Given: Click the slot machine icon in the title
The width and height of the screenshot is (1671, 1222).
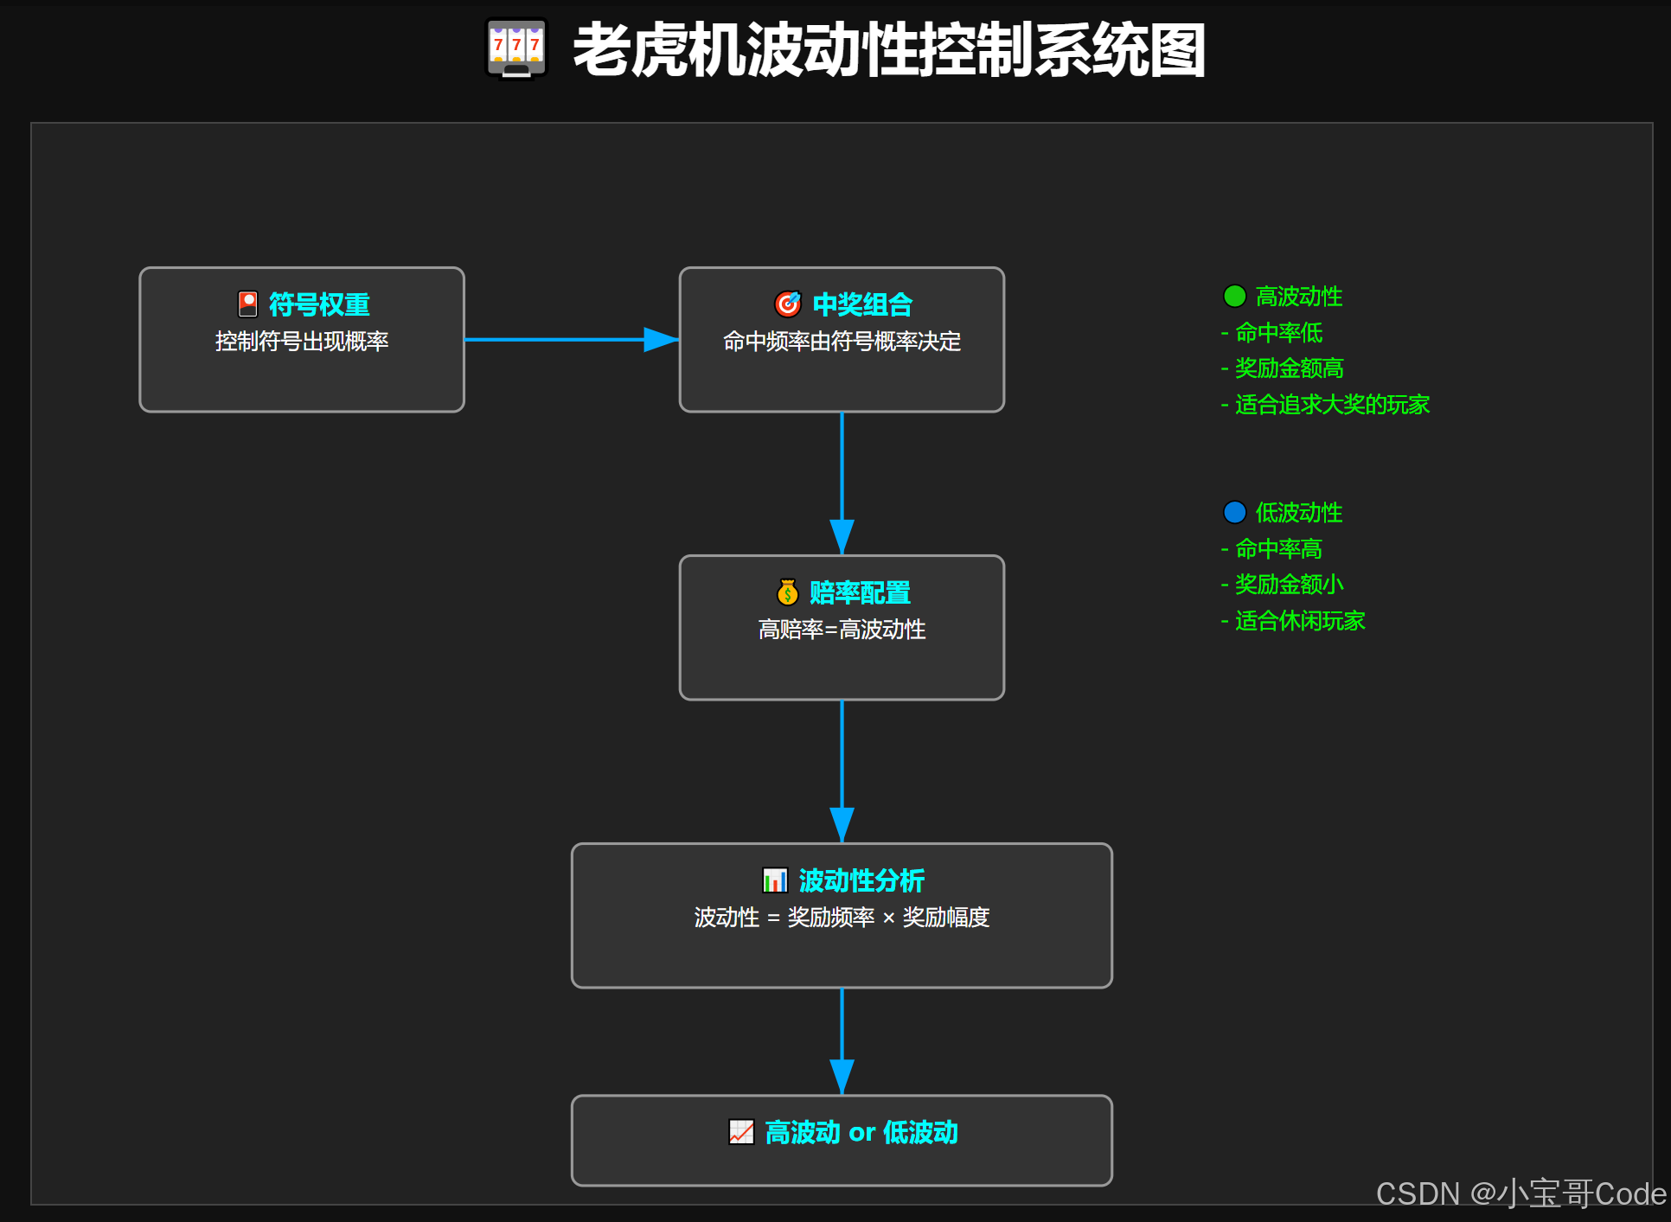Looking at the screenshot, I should pos(516,48).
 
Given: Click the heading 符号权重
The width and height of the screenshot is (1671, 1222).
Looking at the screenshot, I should pos(319,304).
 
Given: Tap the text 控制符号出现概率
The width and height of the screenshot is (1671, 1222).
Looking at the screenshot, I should pos(302,342).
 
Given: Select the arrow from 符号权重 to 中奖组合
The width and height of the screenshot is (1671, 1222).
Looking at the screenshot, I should pos(571,340).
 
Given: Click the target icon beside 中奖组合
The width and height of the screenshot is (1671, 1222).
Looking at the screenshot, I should pos(787,304).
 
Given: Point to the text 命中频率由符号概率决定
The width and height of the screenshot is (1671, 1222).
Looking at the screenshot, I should pos(842,342).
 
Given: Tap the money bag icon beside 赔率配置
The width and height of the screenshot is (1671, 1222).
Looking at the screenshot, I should pos(787,592).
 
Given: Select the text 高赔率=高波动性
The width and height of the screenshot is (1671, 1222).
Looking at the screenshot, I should pos(842,630).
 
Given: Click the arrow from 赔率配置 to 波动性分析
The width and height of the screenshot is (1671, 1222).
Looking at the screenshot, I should pos(842,771).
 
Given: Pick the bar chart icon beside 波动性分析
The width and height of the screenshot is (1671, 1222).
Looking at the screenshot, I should pos(775,880).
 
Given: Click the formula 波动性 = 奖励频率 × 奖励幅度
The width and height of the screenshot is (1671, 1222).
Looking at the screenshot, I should pos(842,918).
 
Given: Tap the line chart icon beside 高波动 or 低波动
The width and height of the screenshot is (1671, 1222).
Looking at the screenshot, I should pos(741,1132).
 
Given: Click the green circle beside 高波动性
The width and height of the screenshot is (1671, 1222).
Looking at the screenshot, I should pos(1234,297).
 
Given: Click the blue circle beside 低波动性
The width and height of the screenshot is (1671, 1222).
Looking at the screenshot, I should pos(1234,513).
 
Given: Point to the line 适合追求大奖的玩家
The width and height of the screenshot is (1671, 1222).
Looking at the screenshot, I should pos(1331,405).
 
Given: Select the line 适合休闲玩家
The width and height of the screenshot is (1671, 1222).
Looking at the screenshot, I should pos(1299,621).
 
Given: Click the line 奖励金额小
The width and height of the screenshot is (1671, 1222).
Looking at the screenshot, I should pos(1289,585).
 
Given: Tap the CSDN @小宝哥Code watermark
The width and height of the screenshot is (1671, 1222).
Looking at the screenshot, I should pos(1521,1194).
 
